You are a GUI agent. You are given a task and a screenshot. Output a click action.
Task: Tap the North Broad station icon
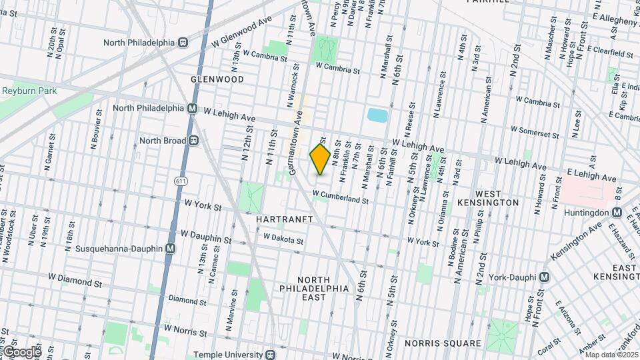[x=194, y=140]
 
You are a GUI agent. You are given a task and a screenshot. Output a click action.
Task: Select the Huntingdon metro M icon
[x=617, y=213]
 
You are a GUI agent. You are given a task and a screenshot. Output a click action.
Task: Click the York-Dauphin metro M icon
[x=545, y=277]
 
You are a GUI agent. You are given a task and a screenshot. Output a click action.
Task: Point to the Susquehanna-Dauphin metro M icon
[x=170, y=249]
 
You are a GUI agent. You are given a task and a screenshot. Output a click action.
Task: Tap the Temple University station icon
[x=270, y=355]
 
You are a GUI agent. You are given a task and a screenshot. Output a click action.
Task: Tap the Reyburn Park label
[x=29, y=91]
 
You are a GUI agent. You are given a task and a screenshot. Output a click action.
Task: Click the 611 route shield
[x=181, y=181]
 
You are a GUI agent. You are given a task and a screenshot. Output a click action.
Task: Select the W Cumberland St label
[x=340, y=197]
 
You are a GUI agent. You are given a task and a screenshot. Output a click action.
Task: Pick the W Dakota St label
[x=283, y=237]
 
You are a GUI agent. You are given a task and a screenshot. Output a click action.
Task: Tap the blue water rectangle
[x=377, y=115]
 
